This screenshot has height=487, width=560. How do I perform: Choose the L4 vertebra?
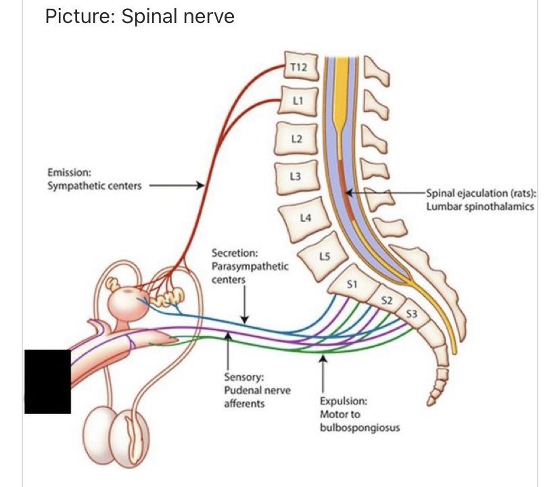pos(306,218)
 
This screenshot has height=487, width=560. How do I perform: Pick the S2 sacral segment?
pos(383,300)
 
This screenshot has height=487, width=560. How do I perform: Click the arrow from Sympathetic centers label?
pos(176,185)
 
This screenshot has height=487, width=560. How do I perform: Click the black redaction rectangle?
pos(47,381)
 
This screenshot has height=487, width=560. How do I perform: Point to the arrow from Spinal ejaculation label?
pos(386,193)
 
